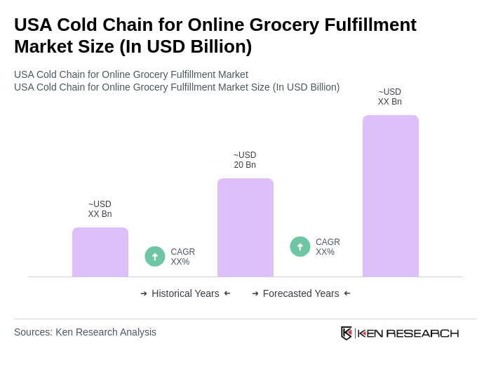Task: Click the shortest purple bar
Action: click(100, 252)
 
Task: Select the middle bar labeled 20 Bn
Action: click(245, 227)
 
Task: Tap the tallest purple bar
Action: click(391, 196)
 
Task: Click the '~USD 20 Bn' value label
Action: click(245, 160)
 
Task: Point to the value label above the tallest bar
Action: click(390, 97)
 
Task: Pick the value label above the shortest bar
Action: click(100, 209)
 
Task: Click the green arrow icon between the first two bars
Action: click(155, 256)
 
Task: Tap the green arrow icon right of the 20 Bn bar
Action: click(300, 246)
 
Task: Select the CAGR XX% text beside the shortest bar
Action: click(182, 257)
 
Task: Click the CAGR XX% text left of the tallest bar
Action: click(328, 247)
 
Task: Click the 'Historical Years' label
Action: click(185, 293)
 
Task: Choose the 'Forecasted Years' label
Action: click(301, 293)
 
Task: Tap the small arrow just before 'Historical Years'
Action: click(144, 293)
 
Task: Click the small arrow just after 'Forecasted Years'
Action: click(347, 293)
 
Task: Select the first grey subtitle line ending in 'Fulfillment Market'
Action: click(131, 74)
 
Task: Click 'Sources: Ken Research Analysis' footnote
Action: click(85, 332)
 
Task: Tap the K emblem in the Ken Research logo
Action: click(347, 333)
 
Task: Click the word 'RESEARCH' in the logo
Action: click(422, 333)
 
